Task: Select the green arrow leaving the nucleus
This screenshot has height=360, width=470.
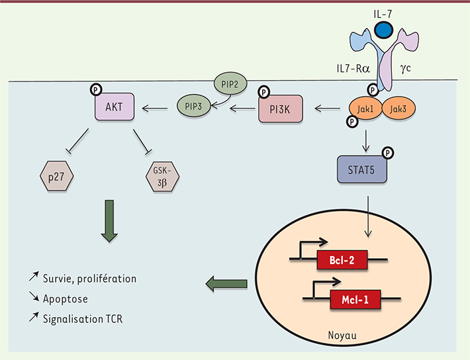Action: tap(226, 285)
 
